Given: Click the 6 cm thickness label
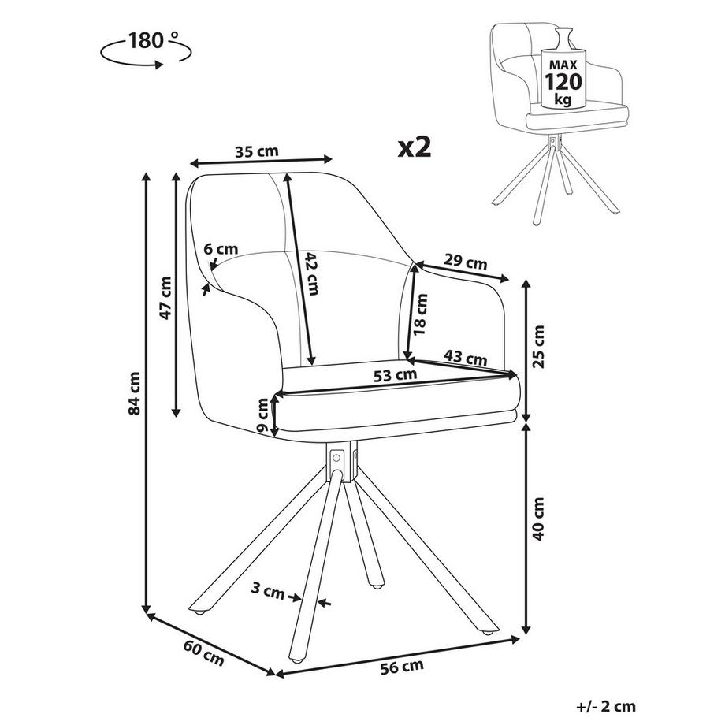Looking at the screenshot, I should coord(221,250).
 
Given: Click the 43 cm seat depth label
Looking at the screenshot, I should coord(464,357).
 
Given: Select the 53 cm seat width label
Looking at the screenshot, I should coord(395,375).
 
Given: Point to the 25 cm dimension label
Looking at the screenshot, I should coord(539,347).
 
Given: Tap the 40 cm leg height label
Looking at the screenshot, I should coord(539,519).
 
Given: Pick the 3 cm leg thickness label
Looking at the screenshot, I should coord(268,587).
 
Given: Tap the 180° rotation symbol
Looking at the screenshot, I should coord(146,49).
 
